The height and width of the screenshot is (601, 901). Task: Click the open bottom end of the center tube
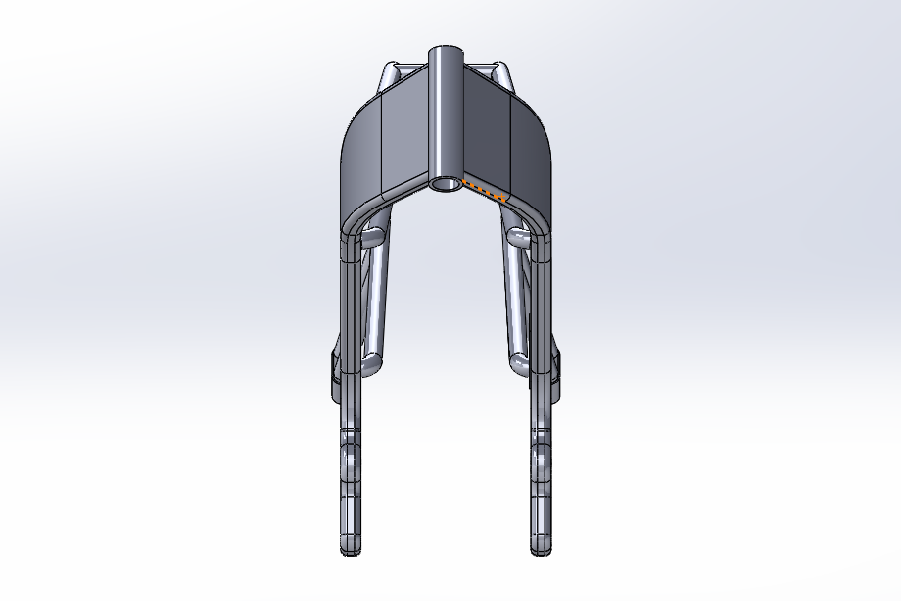(445, 184)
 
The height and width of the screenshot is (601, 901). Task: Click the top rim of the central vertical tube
(445, 48)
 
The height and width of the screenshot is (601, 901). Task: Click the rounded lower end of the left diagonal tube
(371, 365)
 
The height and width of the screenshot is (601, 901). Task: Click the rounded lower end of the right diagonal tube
(519, 365)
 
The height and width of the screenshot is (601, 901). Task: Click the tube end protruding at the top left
(390, 74)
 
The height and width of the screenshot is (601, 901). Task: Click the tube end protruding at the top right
(500, 74)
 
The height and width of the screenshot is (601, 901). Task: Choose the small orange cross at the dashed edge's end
(502, 198)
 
